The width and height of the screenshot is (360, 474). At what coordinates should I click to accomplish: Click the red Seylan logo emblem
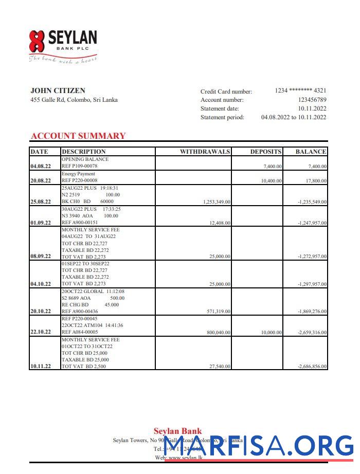(37, 42)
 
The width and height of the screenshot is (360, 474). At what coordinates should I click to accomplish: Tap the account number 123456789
(312, 100)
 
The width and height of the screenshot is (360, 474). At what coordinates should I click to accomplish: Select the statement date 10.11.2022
(312, 108)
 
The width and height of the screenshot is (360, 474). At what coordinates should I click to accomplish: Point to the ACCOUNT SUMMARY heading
(78, 136)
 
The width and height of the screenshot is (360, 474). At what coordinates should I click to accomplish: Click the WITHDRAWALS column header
(205, 152)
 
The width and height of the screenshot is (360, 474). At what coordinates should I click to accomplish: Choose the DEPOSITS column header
(266, 152)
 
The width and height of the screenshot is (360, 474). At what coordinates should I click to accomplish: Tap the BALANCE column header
(311, 152)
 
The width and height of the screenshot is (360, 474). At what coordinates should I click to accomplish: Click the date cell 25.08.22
(41, 202)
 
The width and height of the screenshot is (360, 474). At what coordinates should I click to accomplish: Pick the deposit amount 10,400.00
(271, 181)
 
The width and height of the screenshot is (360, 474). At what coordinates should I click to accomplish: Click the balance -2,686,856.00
(312, 366)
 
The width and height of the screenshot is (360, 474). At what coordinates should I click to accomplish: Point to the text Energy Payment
(78, 174)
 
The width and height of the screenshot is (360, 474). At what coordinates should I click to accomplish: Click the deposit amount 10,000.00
(271, 333)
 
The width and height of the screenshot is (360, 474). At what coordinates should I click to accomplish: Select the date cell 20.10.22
(41, 311)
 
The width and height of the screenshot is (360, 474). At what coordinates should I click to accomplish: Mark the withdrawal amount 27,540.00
(220, 366)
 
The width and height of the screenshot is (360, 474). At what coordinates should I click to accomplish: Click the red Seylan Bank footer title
(177, 431)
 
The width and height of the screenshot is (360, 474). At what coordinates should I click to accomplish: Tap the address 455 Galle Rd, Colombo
(74, 100)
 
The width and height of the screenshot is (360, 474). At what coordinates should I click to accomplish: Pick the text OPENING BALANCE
(85, 159)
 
